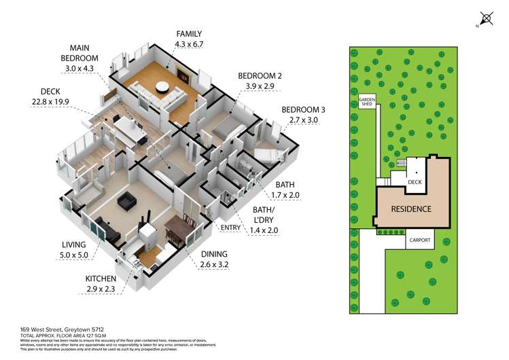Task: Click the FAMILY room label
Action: [189, 33]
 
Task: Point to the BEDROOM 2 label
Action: [256, 76]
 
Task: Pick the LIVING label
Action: [74, 245]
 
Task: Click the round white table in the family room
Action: [162, 86]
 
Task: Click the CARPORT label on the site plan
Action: [419, 240]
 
